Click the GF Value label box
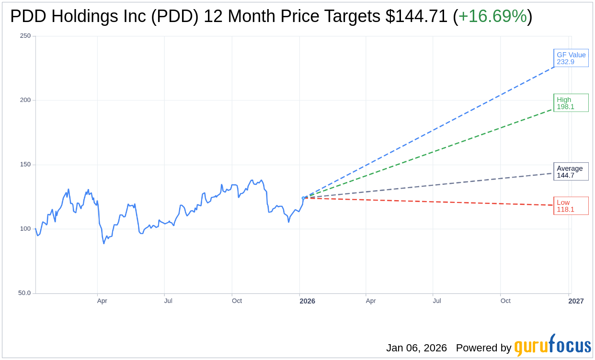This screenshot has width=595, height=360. (x=571, y=58)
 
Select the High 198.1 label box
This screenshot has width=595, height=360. (x=571, y=103)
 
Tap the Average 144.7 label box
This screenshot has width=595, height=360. (x=571, y=171)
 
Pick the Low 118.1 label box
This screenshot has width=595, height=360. (x=571, y=206)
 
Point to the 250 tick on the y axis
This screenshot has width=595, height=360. (x=25, y=36)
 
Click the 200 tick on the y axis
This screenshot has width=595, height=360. (x=25, y=100)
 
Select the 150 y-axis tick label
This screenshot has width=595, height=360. (x=25, y=165)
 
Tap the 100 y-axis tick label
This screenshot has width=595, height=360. (x=25, y=229)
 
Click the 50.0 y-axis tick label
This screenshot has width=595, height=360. (x=24, y=293)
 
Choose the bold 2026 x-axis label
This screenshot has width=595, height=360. (x=307, y=301)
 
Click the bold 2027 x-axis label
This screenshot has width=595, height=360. (x=576, y=301)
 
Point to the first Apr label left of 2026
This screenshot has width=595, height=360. (x=102, y=301)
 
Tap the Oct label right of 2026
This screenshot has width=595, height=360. (x=505, y=301)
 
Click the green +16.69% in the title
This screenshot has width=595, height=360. (x=492, y=16)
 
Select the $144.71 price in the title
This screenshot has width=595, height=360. (x=416, y=16)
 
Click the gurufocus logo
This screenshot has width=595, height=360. (x=552, y=346)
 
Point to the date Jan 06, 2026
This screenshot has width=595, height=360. (x=416, y=348)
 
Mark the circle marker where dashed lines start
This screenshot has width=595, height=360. (x=303, y=198)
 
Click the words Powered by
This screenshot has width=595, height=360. (x=483, y=348)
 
